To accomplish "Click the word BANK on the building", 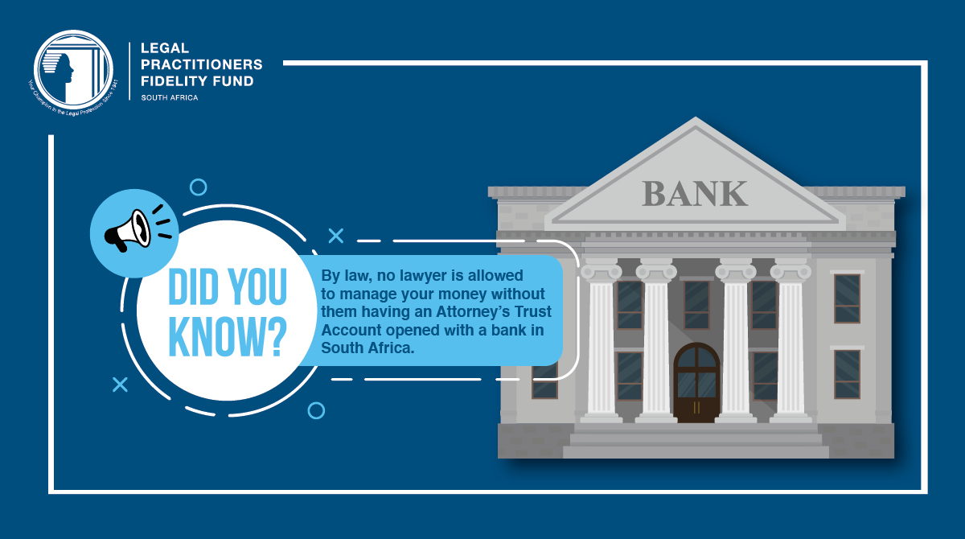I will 695,193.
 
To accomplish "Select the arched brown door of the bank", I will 696,382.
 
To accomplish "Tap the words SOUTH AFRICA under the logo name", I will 169,97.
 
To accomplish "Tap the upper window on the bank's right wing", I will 847,298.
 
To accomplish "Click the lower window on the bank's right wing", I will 847,374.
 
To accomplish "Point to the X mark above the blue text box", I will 335,235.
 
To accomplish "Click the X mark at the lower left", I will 120,385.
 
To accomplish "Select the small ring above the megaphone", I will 197,187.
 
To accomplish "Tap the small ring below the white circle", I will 316,410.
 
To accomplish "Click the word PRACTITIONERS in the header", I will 201,64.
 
